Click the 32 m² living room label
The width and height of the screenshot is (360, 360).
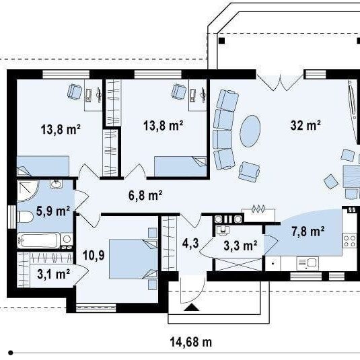coord(305,125)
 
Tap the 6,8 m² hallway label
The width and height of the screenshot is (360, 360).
coord(145,195)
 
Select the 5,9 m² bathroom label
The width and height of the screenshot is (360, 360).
coord(52,211)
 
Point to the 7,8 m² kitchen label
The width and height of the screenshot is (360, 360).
coord(308,231)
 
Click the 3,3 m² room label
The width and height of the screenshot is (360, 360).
coord(240,246)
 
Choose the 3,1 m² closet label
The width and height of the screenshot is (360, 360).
coord(53,274)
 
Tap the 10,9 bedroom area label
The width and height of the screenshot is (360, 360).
coord(94,255)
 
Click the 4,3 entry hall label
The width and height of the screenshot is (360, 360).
coord(190,243)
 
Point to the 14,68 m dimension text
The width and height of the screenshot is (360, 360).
coord(191,343)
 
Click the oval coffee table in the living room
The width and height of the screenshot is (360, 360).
coord(250,131)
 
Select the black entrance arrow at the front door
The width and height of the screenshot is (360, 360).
coord(192,308)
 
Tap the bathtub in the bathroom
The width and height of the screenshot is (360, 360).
coord(38,240)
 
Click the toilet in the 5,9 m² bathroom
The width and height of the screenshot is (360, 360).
coord(26,217)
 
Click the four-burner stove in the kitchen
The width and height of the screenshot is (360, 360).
coord(349,241)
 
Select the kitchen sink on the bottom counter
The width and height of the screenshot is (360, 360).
coord(308,263)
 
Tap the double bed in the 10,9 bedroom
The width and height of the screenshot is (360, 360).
coord(133,259)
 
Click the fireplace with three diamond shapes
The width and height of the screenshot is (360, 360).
coord(258,215)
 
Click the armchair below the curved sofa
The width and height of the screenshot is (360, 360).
coord(249,172)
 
